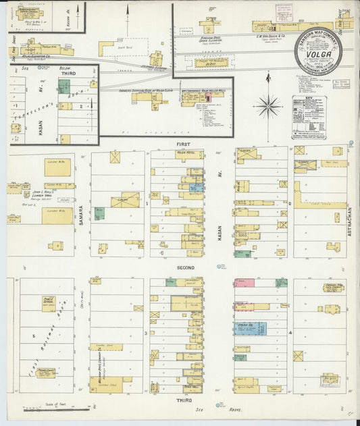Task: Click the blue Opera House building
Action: coord(250,329)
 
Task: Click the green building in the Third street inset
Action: coord(64,86)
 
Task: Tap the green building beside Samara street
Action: coord(99,213)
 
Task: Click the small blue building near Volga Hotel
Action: coord(197,187)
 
